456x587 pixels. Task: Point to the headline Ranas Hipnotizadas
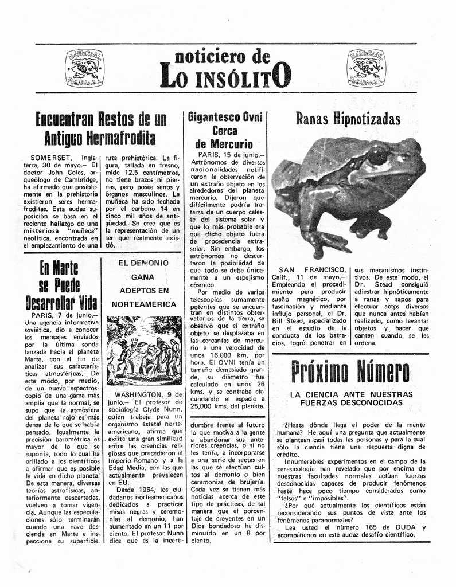[x=348, y=119]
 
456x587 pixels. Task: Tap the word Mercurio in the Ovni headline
[x=224, y=144]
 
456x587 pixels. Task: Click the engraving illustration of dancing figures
[x=143, y=350]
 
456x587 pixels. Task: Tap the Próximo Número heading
[x=350, y=371]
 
